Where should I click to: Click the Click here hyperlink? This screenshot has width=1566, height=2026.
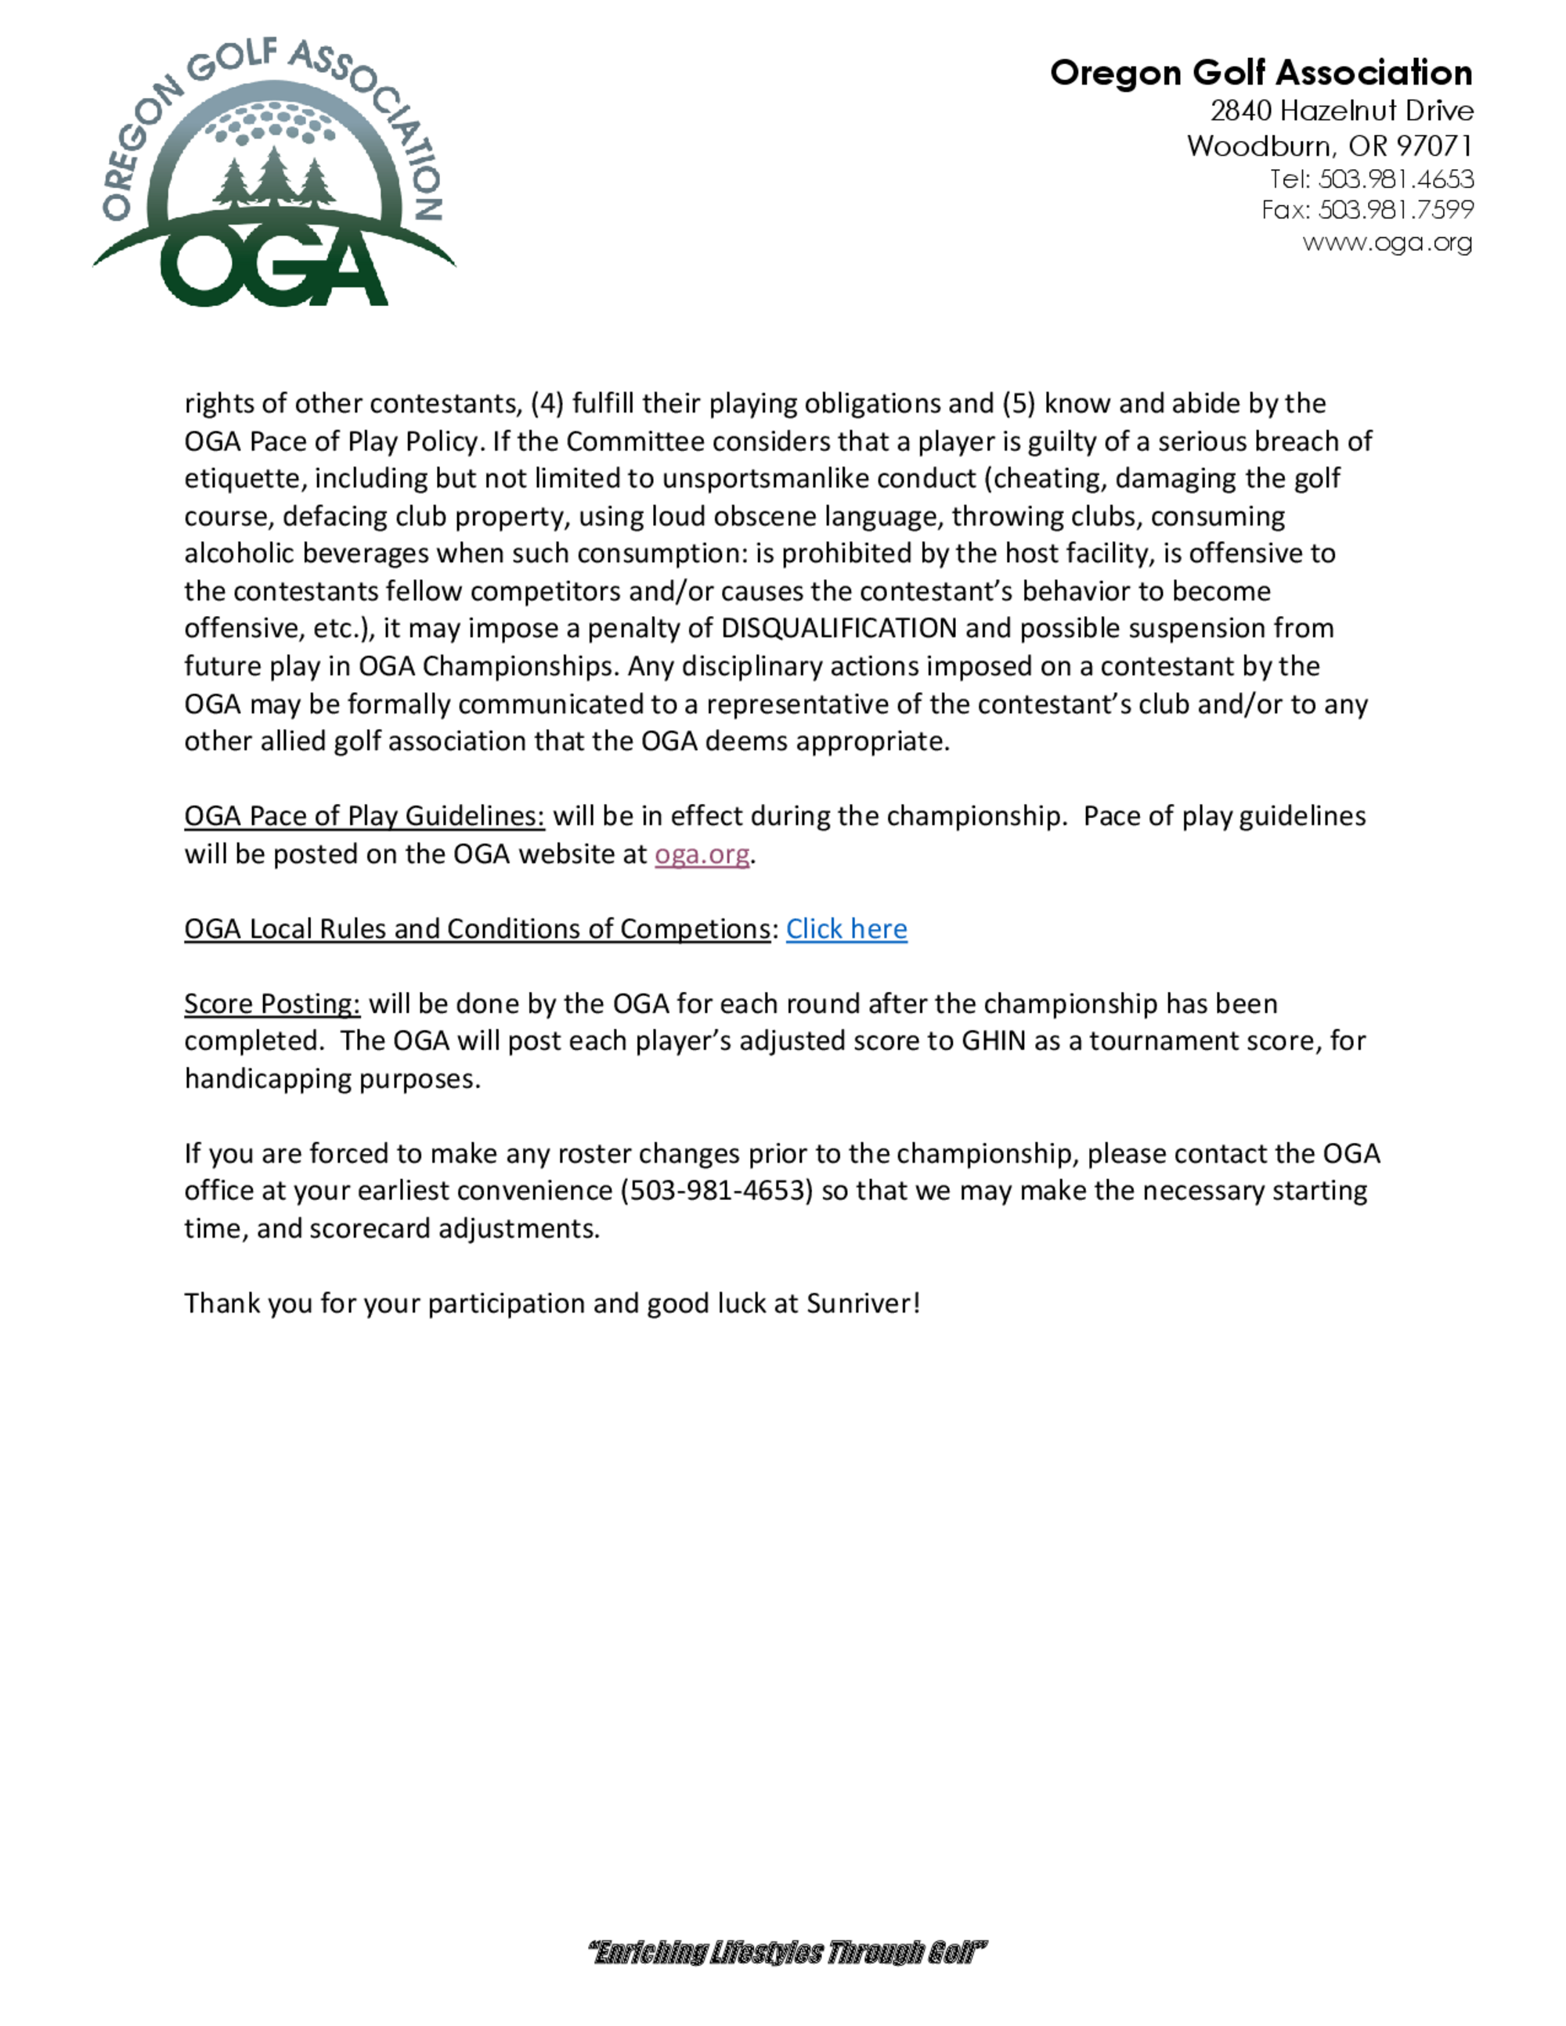click(846, 928)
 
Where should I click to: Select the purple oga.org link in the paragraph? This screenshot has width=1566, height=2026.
click(702, 853)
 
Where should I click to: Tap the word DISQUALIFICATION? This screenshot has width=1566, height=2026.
click(839, 628)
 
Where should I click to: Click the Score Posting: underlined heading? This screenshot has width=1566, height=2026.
click(272, 1004)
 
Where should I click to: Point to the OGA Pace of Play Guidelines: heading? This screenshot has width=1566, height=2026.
click(363, 817)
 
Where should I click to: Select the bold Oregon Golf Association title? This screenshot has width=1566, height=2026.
click(1261, 72)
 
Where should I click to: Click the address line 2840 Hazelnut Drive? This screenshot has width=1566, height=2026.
click(1341, 110)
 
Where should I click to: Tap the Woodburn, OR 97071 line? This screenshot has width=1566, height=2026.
click(1330, 146)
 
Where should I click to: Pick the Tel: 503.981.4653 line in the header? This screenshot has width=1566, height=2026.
click(1371, 178)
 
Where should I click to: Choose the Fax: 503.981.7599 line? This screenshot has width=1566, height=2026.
click(1367, 210)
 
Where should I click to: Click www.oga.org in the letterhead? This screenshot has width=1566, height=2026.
click(1387, 242)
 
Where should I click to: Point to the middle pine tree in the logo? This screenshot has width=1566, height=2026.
click(272, 176)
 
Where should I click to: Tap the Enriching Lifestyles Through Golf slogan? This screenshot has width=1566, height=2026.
click(787, 1952)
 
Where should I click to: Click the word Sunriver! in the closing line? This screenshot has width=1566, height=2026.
click(863, 1303)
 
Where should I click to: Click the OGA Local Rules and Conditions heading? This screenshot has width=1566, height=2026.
click(477, 928)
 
